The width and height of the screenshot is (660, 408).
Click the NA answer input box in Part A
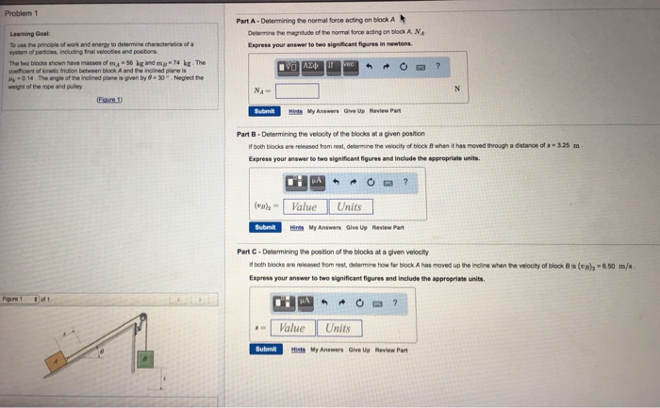point(296,90)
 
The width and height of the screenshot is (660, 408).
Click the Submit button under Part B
point(264,227)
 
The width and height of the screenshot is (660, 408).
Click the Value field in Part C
point(292,328)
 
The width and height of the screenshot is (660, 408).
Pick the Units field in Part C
point(338,328)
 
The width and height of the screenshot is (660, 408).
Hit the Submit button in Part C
point(264,349)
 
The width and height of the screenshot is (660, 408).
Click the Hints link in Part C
point(294,349)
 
